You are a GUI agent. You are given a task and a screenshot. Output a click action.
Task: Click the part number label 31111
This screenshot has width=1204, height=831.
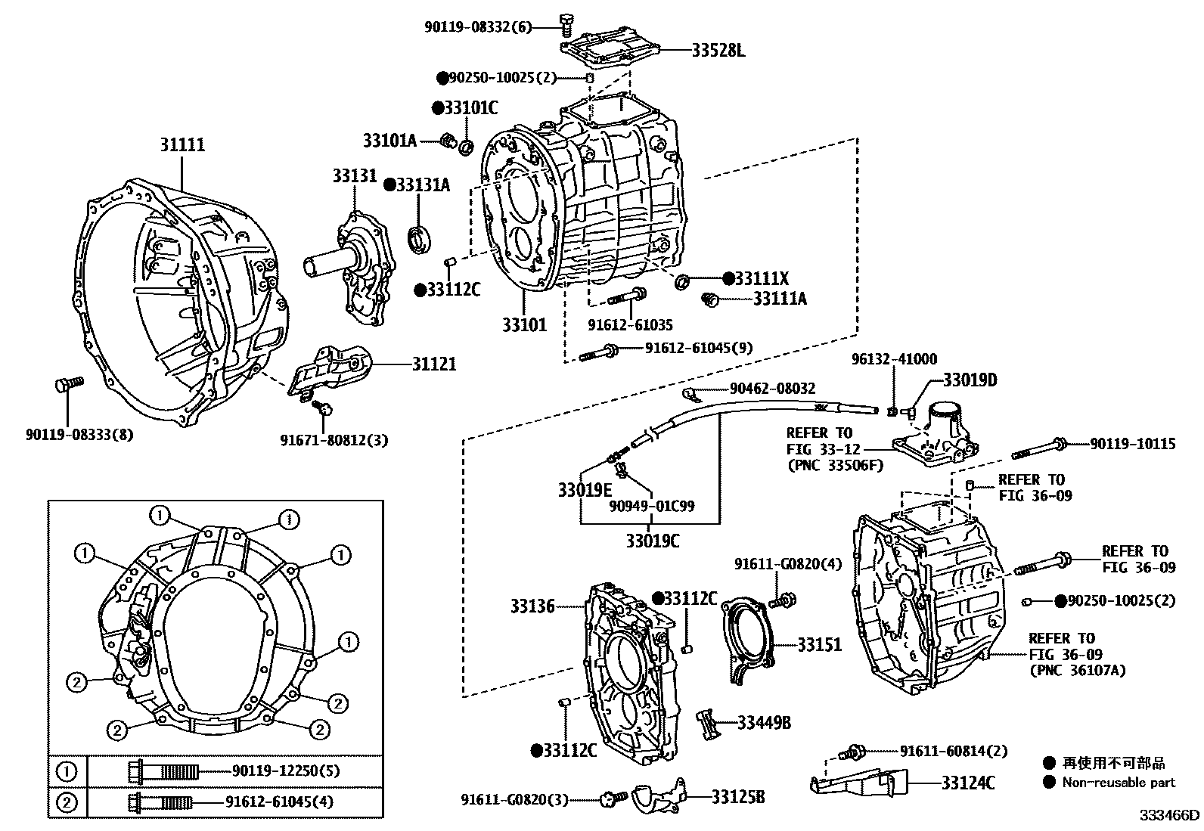tap(182, 144)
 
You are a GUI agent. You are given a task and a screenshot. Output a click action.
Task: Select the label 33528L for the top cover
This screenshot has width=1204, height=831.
tap(718, 51)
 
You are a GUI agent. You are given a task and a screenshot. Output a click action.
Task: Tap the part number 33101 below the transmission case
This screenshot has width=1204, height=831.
tap(524, 325)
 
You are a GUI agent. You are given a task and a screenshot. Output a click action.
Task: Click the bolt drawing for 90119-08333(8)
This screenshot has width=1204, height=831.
tap(66, 386)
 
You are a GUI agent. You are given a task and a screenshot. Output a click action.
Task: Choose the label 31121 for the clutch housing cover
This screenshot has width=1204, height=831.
tap(434, 364)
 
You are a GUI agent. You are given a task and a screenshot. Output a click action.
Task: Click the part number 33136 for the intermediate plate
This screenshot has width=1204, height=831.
tap(532, 606)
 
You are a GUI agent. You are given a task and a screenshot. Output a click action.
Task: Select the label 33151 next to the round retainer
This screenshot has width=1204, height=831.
tap(819, 645)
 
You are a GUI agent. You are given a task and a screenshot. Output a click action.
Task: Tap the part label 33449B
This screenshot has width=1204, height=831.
tap(764, 723)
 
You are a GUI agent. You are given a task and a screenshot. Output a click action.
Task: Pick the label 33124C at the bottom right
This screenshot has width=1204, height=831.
tap(968, 783)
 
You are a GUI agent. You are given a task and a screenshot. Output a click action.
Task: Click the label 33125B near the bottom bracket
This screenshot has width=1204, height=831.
tap(737, 797)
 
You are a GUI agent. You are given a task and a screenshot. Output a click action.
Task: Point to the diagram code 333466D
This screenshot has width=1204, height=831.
tap(1170, 815)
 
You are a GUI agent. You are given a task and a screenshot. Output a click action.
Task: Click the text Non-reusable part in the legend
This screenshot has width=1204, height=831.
tap(1119, 783)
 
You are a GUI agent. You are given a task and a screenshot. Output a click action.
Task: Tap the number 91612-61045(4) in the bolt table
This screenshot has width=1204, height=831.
tap(279, 802)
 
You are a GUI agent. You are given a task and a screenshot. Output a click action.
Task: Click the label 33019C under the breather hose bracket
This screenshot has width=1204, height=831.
tap(653, 541)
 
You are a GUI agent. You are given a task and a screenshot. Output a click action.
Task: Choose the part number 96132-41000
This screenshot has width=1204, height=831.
tap(894, 360)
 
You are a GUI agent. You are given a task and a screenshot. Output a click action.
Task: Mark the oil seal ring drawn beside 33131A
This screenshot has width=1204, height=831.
tap(419, 237)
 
